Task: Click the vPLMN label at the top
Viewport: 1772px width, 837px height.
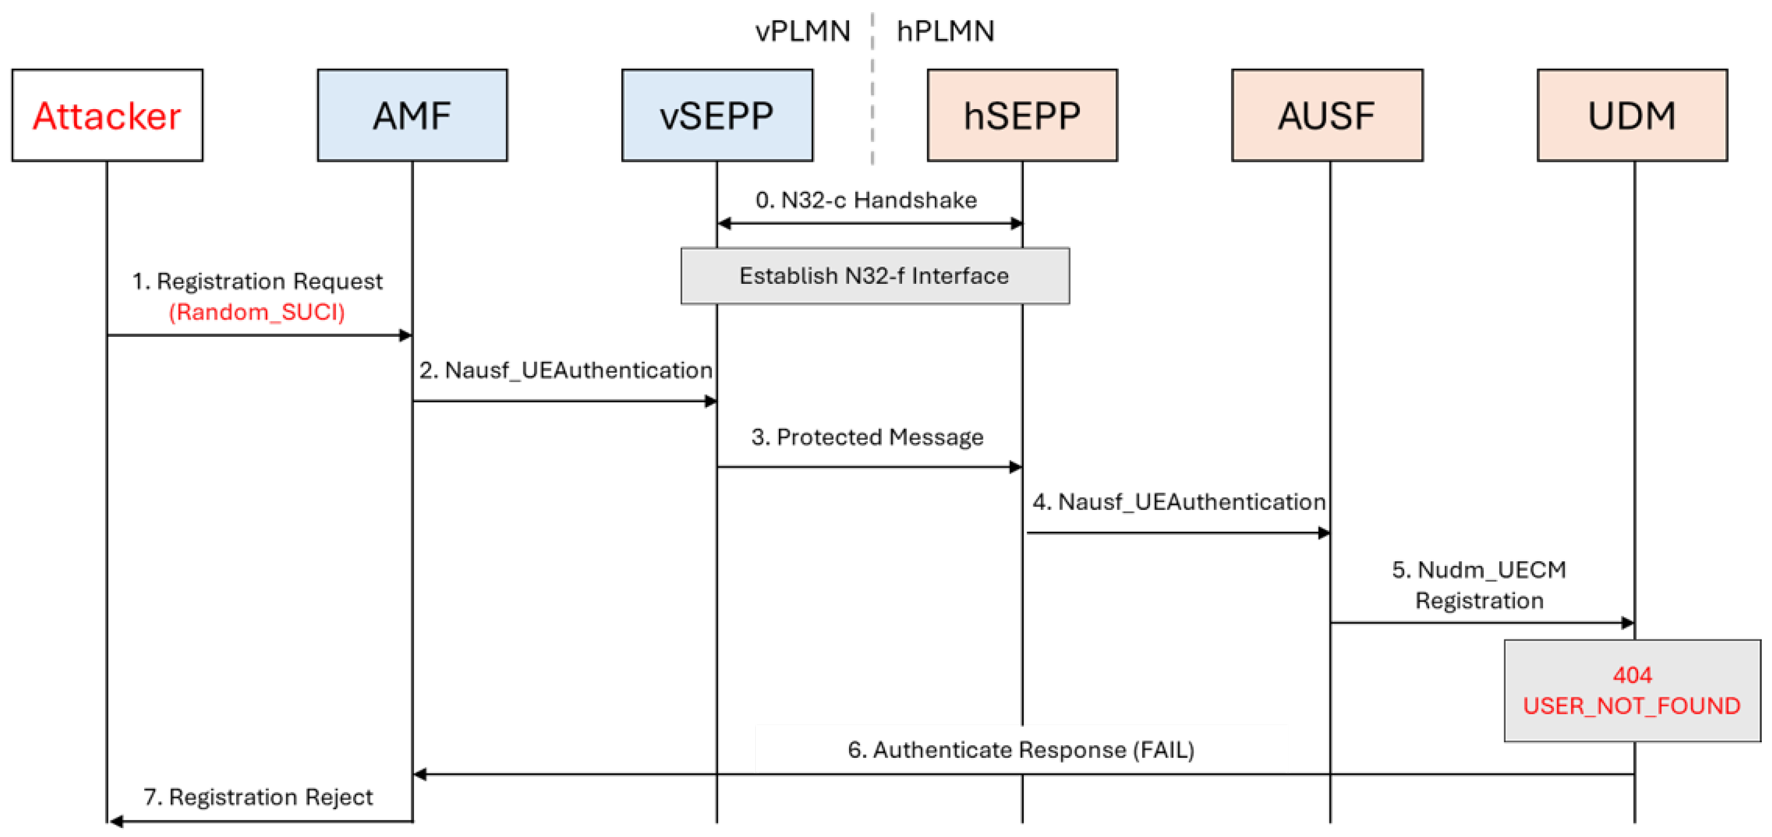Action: (802, 31)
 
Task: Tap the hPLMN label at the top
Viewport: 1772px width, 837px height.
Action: (945, 31)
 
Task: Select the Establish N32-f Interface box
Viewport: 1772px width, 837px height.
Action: (874, 276)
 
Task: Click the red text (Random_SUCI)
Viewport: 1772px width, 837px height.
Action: (257, 312)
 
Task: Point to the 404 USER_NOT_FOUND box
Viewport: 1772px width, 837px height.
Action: (1632, 690)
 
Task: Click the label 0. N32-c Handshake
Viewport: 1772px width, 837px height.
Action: (866, 200)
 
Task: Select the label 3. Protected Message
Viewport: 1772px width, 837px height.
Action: (867, 438)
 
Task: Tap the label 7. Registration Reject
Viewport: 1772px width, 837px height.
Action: (258, 797)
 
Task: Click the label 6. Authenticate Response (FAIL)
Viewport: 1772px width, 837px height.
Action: (1021, 750)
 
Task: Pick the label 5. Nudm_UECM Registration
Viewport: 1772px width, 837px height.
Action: (1479, 585)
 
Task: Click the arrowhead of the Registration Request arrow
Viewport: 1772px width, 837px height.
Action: (406, 336)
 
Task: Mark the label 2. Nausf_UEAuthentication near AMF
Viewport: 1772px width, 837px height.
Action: (566, 371)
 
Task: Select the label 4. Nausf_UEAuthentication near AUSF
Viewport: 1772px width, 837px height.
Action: (1178, 502)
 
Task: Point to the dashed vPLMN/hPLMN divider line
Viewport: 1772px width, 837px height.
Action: (872, 89)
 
